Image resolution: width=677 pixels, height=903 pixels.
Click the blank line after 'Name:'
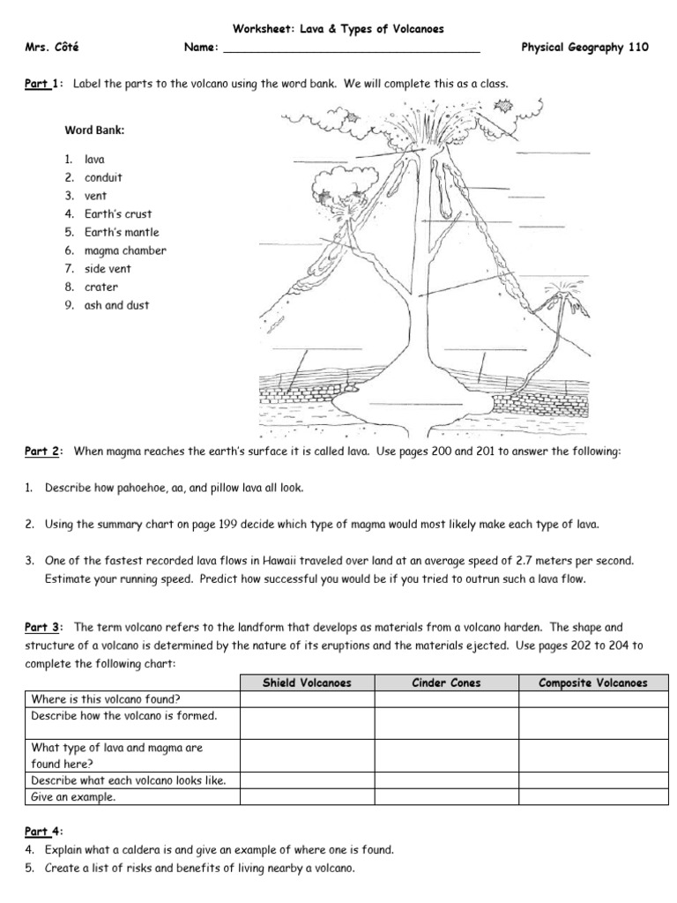(352, 49)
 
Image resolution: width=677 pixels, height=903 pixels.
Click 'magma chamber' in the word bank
(124, 250)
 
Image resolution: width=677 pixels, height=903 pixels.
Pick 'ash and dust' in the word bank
(116, 305)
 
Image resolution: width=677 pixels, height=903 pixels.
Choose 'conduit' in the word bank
(103, 177)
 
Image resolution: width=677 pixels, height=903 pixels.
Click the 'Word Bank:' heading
(94, 131)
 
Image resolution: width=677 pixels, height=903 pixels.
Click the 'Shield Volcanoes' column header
(307, 683)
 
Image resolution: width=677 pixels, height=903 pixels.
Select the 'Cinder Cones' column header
(447, 683)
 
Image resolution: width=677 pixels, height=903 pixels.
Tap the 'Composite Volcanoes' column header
(592, 683)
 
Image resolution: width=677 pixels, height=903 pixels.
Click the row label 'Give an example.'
(74, 796)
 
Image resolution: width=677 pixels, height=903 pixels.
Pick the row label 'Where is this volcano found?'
(106, 699)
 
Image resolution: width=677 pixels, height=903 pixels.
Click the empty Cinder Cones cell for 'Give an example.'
(447, 796)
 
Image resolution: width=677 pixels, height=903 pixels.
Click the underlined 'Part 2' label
(41, 451)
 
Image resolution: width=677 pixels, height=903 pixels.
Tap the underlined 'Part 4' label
(41, 832)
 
